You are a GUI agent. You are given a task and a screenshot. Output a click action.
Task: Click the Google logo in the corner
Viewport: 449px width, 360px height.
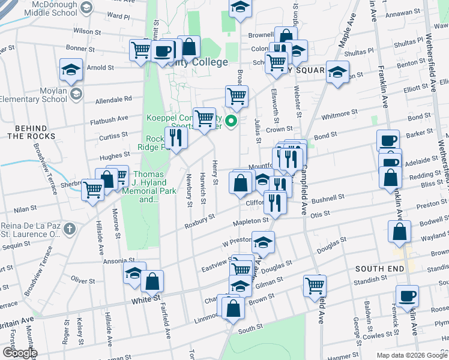coord(19,353)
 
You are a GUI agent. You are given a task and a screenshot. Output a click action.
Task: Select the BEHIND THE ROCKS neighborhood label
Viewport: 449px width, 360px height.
coord(31,132)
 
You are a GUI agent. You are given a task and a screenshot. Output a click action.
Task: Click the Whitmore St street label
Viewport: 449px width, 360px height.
coord(340,113)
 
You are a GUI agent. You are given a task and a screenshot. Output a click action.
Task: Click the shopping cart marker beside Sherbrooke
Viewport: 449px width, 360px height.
coord(92,190)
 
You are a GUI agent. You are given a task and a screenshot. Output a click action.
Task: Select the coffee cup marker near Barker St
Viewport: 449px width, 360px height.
coord(388,141)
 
